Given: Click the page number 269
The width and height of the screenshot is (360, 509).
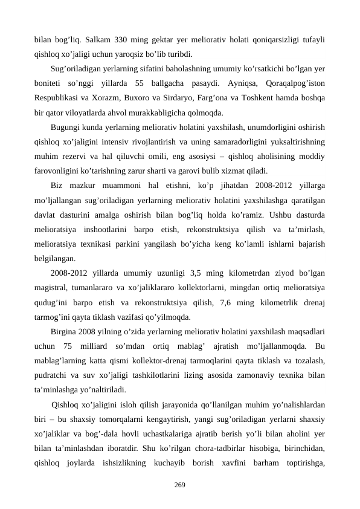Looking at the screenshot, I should (179, 485).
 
